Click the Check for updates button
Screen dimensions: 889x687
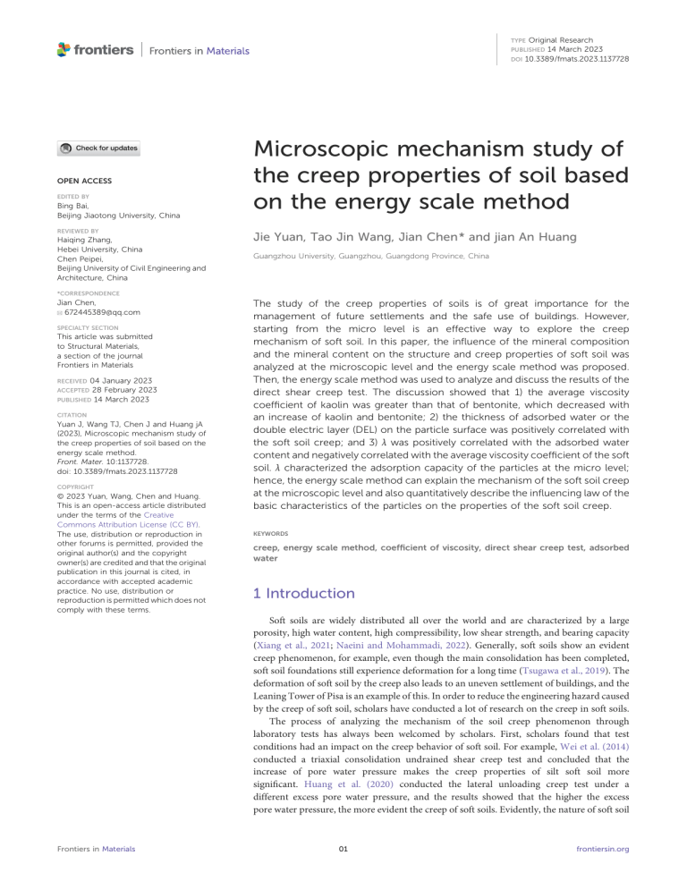[x=98, y=149]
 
